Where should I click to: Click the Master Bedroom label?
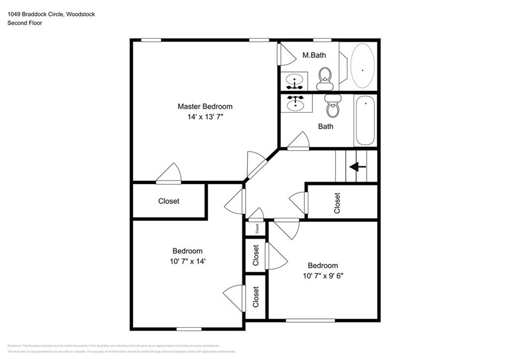(205, 107)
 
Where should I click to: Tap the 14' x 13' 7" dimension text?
(205, 118)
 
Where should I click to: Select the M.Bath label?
(314, 55)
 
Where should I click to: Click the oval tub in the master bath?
(362, 66)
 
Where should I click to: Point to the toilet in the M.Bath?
(325, 79)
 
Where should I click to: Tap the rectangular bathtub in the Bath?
(365, 120)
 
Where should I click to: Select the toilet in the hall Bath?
(332, 107)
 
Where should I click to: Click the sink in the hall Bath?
(296, 104)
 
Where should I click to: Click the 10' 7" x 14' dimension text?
(188, 262)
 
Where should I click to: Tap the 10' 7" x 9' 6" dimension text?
(322, 276)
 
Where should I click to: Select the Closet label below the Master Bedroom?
(169, 201)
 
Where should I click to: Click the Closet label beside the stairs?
(337, 203)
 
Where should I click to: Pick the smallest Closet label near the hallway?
(257, 229)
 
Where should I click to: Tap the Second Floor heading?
(24, 23)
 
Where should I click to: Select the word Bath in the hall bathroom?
(326, 126)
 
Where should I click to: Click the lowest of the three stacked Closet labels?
(256, 297)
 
